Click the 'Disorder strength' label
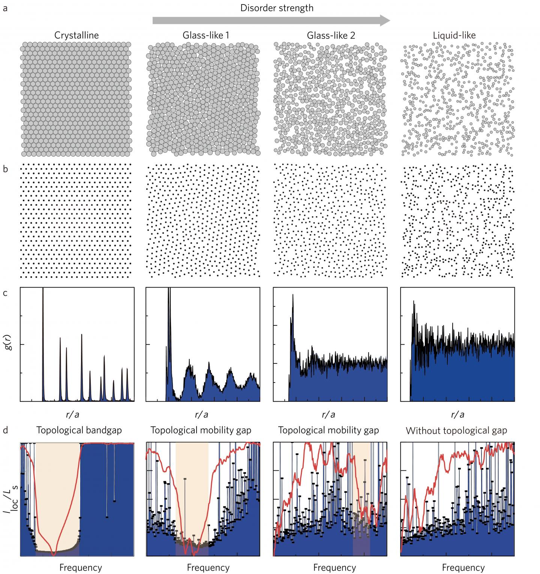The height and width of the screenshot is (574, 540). [277, 8]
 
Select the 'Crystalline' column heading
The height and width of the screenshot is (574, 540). [76, 36]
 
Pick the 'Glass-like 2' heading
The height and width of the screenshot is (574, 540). [331, 36]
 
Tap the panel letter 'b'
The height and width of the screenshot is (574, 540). [5, 169]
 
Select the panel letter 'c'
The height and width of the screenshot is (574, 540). [5, 293]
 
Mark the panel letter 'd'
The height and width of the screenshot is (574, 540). [5, 430]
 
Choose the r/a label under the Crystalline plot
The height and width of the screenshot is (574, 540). [72, 414]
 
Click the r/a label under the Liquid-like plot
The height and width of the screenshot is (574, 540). [457, 414]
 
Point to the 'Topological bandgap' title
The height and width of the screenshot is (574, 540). [79, 430]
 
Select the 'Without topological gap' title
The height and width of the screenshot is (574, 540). [456, 431]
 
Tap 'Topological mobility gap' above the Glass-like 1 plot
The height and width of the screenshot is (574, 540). [201, 430]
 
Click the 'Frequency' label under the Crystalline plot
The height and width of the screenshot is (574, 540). [81, 568]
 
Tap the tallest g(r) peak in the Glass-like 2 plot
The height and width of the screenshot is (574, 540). [293, 296]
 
